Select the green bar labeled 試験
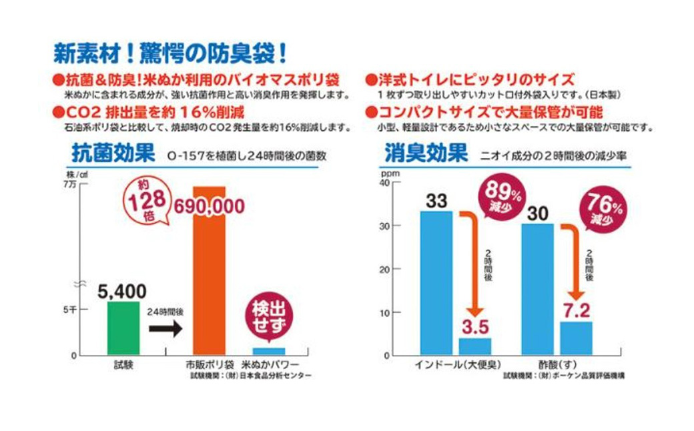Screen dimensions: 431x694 pos(123,328)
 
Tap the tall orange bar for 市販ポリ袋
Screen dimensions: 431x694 pos(210,270)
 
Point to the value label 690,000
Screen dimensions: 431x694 pos(210,207)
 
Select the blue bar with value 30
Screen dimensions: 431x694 pos(537,288)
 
